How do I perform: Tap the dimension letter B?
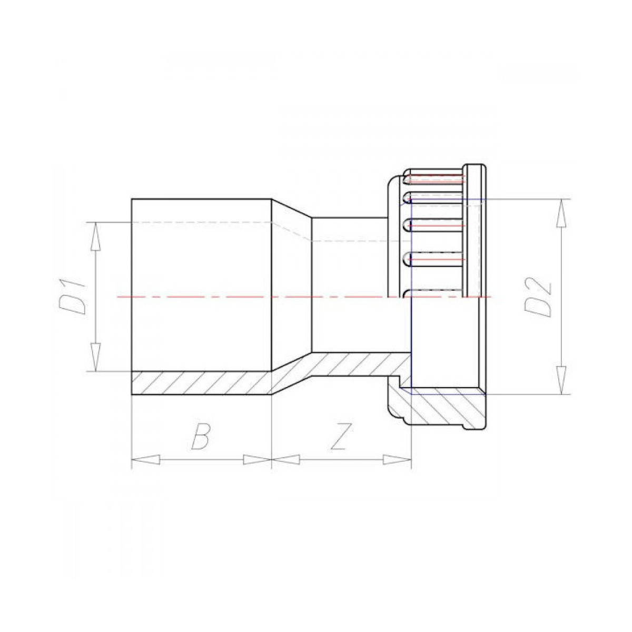(201, 436)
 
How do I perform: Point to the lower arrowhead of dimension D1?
(95, 357)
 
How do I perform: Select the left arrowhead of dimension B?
(145, 459)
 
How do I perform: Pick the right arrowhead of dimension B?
(258, 459)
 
